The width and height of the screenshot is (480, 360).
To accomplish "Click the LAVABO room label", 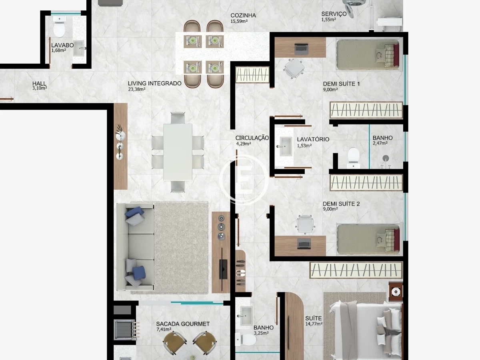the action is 62,45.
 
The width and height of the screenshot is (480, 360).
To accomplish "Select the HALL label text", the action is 39,84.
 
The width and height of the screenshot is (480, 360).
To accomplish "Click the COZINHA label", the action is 243,15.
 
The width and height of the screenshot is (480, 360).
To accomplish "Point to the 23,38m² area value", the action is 137,89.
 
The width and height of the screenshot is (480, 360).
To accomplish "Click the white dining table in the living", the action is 178,152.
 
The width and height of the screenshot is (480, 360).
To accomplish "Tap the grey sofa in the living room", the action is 135,246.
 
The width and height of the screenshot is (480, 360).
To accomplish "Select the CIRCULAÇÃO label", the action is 252,138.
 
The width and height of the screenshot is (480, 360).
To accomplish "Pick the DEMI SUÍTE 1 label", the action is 341,84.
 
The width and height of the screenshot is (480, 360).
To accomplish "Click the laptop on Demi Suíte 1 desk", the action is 301,49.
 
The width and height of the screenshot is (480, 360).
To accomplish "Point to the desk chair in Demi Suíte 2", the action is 305,224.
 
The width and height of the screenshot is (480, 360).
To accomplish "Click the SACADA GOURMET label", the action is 183,324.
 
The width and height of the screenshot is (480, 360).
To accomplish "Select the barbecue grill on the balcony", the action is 125,330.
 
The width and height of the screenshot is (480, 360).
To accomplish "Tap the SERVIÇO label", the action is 334,14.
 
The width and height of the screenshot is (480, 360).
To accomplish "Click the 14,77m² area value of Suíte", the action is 314,324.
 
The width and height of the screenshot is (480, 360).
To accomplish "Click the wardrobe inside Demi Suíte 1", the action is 366,110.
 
